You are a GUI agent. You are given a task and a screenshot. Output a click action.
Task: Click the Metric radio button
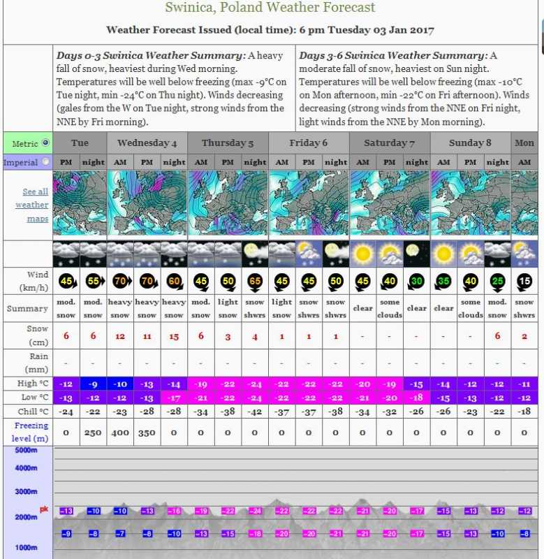pyautogui.click(x=46, y=143)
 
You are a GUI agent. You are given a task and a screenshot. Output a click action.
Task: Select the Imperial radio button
pyautogui.click(x=46, y=161)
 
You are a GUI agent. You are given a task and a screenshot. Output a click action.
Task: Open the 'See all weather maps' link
pyautogui.click(x=34, y=205)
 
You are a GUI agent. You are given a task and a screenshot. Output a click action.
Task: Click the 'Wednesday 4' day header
pyautogui.click(x=147, y=143)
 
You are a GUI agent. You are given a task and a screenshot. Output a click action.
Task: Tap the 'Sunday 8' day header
pyautogui.click(x=470, y=143)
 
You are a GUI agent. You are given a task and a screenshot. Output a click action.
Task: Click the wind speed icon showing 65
pyautogui.click(x=255, y=281)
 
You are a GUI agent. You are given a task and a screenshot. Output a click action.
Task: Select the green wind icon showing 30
pyautogui.click(x=416, y=281)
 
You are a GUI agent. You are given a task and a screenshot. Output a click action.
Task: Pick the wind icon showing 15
pyautogui.click(x=524, y=281)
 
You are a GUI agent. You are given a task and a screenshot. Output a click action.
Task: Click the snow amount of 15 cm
pyautogui.click(x=174, y=336)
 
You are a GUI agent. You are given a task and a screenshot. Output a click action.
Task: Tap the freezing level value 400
pyautogui.click(x=120, y=433)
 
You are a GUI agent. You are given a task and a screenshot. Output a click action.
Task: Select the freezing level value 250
pyautogui.click(x=93, y=433)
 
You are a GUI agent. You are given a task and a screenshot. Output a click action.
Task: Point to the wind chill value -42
pyautogui.click(x=255, y=412)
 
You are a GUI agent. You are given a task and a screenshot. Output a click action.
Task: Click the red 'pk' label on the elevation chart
pyautogui.click(x=43, y=509)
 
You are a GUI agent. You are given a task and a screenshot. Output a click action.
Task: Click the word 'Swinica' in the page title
pyautogui.click(x=186, y=8)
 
